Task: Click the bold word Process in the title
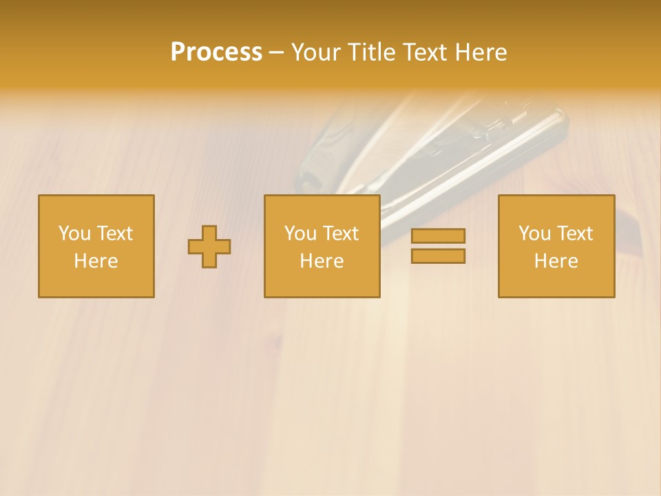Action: coord(216,52)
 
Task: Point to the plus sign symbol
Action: coord(209,247)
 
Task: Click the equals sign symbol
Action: coord(438,246)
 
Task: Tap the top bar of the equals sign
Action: coord(438,236)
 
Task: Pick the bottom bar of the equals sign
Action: coord(438,256)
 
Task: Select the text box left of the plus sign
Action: coord(96,247)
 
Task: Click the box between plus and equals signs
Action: coord(322,247)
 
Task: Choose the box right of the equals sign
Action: coord(556,247)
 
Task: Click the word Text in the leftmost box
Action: coord(115,234)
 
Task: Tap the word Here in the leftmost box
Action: coord(96,261)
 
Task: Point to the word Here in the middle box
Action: coord(322,261)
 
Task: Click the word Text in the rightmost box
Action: coord(575,234)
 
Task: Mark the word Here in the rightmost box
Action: coord(556,261)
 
